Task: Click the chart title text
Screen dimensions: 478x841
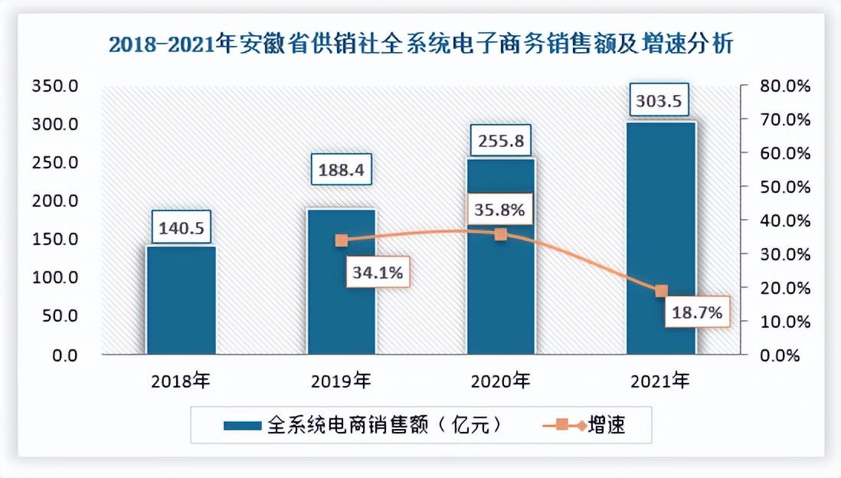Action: click(420, 45)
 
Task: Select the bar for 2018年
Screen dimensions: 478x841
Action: click(181, 300)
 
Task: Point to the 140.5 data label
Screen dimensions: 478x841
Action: click(181, 227)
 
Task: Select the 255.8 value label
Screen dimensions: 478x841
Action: click(500, 140)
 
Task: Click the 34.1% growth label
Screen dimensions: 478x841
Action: click(378, 271)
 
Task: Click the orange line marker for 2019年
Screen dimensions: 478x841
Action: click(342, 241)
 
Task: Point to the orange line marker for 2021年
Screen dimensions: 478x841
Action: click(661, 291)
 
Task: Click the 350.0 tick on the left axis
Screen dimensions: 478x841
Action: click(54, 87)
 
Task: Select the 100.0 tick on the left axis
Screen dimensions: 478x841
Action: click(54, 278)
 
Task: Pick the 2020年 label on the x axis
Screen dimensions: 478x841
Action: click(500, 380)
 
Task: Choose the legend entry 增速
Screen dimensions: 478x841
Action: click(590, 424)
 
